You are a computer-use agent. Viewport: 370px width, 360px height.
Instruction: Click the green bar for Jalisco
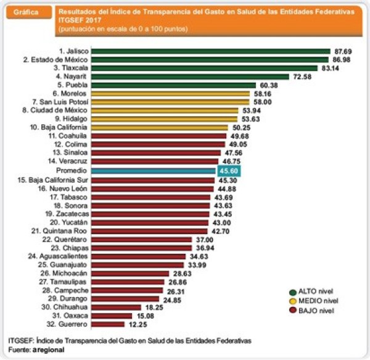point(211,51)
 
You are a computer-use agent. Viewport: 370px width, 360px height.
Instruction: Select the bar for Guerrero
point(108,324)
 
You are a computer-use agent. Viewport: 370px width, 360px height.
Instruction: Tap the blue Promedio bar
point(154,171)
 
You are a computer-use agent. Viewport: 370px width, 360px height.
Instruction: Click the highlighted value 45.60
point(229,171)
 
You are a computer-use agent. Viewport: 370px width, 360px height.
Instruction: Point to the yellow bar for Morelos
point(171,94)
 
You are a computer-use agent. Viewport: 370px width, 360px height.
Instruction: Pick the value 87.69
point(343,51)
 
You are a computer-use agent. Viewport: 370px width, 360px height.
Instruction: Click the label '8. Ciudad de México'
point(55,111)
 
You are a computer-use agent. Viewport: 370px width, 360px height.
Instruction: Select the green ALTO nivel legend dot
point(293,293)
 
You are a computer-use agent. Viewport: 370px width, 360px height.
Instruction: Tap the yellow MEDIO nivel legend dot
point(293,301)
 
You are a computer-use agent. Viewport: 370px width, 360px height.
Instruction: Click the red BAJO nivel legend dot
point(293,310)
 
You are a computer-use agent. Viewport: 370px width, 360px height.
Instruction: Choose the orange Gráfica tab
point(29,12)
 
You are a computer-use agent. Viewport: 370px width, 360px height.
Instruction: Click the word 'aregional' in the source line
point(48,350)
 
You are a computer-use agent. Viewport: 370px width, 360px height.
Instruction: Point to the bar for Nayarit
point(190,77)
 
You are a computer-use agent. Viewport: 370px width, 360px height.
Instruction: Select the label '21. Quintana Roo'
point(59,231)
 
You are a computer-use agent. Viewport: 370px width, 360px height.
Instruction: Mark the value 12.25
point(138,325)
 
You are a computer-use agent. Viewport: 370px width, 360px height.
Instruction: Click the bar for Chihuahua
point(116,308)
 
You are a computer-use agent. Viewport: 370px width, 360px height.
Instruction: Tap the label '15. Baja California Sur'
point(52,180)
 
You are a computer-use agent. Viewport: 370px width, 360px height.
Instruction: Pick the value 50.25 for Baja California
point(241,128)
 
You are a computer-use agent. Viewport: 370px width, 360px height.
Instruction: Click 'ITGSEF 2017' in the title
point(80,20)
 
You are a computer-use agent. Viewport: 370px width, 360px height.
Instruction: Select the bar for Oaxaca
point(112,316)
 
